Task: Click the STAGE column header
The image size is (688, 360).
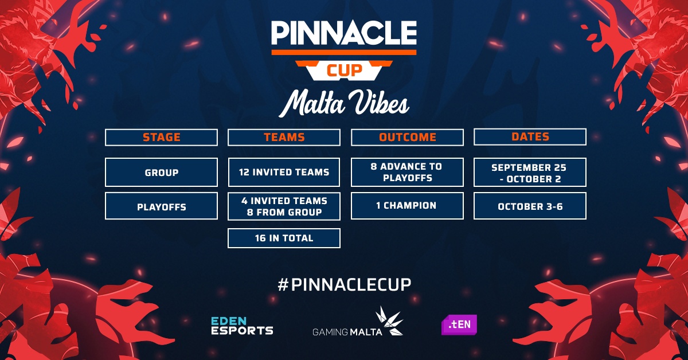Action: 161,138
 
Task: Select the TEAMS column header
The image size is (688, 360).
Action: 284,138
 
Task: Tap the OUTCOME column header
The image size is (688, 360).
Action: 407,138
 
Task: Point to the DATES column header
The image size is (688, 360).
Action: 530,136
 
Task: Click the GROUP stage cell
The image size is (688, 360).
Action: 161,173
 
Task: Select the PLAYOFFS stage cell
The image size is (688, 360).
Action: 161,206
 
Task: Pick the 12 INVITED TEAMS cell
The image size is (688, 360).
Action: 284,173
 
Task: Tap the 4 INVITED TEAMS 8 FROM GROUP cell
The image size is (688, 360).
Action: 284,206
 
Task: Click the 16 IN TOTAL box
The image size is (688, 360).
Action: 284,238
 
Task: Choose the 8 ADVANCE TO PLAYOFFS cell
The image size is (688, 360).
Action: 407,173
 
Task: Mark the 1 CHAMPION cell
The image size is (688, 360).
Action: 407,206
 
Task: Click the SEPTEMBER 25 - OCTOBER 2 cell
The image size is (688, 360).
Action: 530,173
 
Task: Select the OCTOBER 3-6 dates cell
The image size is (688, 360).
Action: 530,206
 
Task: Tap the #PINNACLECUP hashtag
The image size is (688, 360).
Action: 344,284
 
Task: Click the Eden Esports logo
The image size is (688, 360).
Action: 242,326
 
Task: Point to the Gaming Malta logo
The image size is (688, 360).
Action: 358,321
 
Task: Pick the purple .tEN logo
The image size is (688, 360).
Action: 459,324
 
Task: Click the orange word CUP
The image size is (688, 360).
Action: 345,71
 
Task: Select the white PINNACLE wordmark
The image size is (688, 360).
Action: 343,33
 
